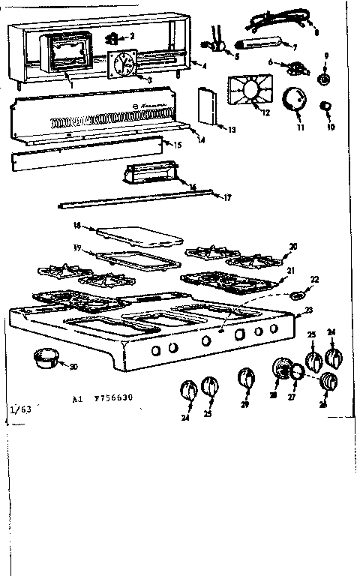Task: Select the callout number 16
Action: [192, 186]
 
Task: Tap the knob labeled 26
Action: [326, 384]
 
